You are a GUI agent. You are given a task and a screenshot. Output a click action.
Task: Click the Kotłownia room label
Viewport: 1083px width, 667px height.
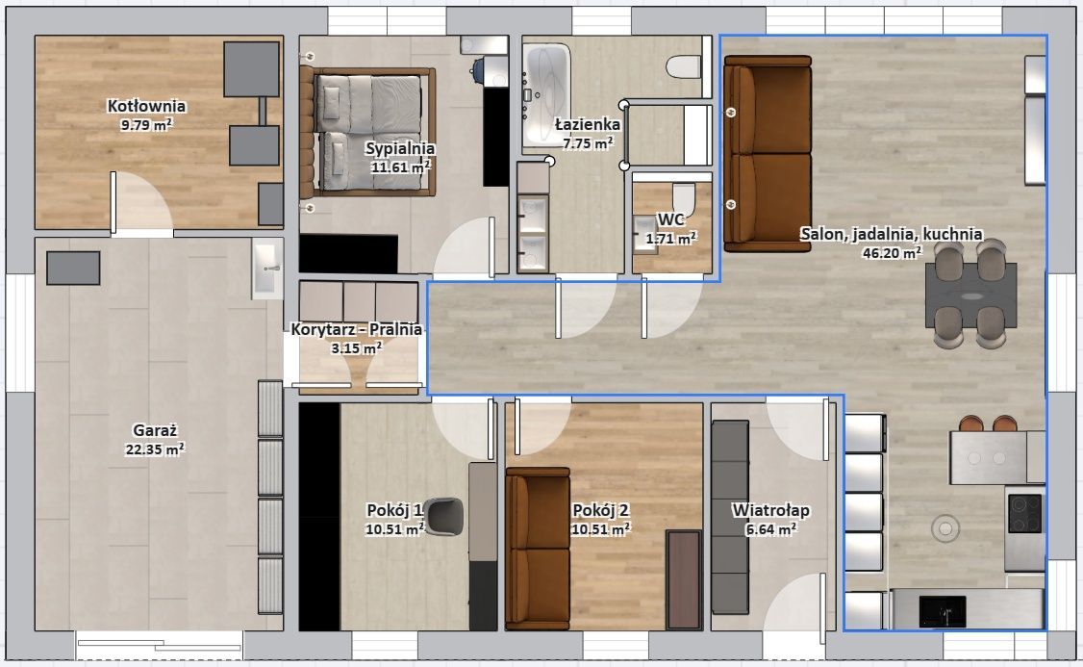pos(146,106)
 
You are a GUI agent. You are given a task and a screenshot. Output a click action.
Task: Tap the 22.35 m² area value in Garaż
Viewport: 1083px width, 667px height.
pos(155,449)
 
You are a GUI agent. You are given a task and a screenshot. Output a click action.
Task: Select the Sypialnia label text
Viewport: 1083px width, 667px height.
pos(400,148)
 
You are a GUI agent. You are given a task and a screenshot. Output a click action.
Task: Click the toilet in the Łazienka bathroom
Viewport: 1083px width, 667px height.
pos(684,66)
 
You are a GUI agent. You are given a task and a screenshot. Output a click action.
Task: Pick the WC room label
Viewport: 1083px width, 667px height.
pos(670,219)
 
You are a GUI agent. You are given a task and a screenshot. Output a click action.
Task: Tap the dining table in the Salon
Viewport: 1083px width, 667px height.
pos(970,295)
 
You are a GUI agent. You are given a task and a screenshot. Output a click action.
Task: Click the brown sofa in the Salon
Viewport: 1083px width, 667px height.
pos(767,153)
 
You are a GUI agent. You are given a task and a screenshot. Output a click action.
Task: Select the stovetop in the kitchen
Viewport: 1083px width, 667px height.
pos(1024,513)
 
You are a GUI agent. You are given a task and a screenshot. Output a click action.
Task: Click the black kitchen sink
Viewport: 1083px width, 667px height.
pos(943,612)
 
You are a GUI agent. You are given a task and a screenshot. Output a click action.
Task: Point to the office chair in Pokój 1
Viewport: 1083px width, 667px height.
pos(444,516)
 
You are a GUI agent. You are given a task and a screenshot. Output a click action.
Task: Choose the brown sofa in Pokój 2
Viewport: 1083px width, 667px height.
pos(538,549)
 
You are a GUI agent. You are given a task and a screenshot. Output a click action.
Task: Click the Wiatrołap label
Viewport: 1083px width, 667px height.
pos(770,510)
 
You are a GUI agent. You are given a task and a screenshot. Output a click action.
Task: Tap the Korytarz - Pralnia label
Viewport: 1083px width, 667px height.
pos(357,329)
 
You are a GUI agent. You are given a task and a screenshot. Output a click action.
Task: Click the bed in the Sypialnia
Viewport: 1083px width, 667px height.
pos(367,132)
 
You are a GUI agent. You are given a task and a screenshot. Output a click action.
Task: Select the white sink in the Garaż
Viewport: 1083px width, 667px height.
pos(267,269)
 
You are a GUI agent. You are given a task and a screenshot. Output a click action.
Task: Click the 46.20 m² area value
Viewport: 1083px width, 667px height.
pos(892,253)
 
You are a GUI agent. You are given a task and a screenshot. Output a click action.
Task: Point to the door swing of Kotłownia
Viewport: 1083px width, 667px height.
pos(142,201)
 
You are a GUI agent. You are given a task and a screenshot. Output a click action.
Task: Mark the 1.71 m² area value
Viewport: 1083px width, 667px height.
pos(670,239)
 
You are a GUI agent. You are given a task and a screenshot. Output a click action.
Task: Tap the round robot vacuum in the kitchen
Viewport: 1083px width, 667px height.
pos(944,528)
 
